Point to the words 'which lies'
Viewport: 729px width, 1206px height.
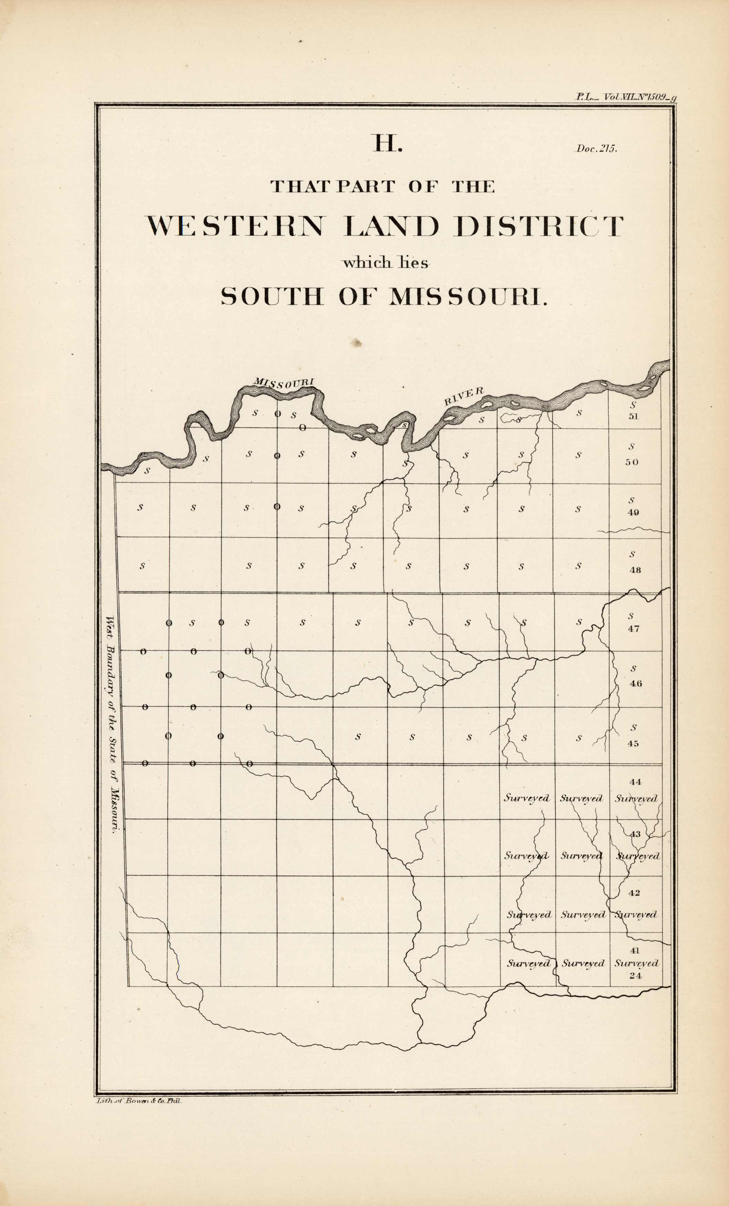coord(385,263)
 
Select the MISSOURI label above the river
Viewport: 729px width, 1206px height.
coord(283,383)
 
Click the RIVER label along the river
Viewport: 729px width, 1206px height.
coord(464,396)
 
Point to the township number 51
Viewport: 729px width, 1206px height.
coord(633,417)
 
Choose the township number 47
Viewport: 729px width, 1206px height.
coord(633,629)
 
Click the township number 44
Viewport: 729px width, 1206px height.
coord(635,782)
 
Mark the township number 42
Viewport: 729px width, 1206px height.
coord(634,893)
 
